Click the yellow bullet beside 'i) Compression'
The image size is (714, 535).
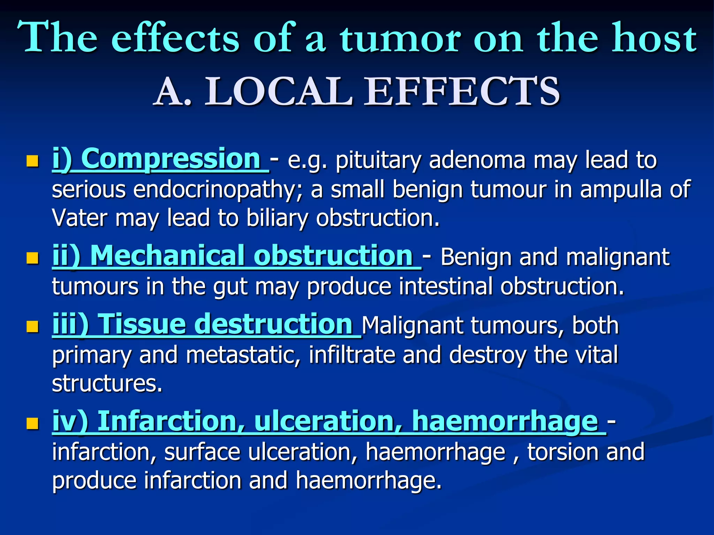click(32, 161)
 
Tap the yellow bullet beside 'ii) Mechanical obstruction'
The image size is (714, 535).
click(32, 258)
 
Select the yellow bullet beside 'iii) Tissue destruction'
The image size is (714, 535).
click(32, 327)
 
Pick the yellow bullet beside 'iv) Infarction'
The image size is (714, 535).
click(32, 424)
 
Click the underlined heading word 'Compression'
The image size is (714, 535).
click(173, 159)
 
